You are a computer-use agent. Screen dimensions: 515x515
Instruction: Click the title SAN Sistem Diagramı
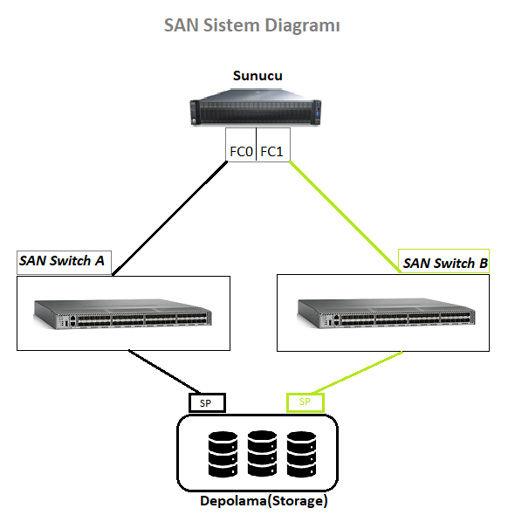pyautogui.click(x=251, y=25)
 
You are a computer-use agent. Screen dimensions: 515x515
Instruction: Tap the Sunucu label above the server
pyautogui.click(x=257, y=76)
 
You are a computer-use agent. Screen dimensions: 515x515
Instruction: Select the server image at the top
pyautogui.click(x=256, y=107)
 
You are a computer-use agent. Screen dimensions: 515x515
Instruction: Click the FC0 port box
pyautogui.click(x=241, y=145)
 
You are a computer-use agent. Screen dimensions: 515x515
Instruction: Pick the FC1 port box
pyautogui.click(x=273, y=145)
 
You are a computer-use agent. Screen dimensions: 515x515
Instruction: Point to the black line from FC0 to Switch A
pyautogui.click(x=169, y=218)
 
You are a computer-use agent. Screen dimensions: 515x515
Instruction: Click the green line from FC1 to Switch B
pyautogui.click(x=345, y=216)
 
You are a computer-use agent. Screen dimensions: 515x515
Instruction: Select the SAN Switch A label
pyautogui.click(x=64, y=263)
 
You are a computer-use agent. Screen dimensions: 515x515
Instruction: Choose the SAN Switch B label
pyautogui.click(x=443, y=262)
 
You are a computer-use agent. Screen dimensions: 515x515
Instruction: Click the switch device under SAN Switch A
pyautogui.click(x=123, y=313)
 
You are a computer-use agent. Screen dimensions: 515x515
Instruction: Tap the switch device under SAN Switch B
pyautogui.click(x=386, y=313)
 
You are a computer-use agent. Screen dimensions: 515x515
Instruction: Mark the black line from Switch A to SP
pyautogui.click(x=164, y=372)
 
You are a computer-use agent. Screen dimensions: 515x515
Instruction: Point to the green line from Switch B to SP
pyautogui.click(x=357, y=373)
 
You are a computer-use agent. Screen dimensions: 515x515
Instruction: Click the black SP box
pyautogui.click(x=207, y=402)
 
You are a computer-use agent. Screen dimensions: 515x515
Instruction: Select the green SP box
pyautogui.click(x=306, y=402)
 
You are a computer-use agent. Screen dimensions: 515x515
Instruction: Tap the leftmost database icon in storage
pyautogui.click(x=223, y=454)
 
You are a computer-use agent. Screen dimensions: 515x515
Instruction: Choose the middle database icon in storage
pyautogui.click(x=262, y=454)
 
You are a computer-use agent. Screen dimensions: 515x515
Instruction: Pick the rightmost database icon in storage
pyautogui.click(x=301, y=454)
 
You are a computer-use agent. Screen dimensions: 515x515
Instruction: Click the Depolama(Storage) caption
pyautogui.click(x=264, y=501)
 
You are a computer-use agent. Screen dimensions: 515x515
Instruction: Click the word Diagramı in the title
pyautogui.click(x=302, y=25)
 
